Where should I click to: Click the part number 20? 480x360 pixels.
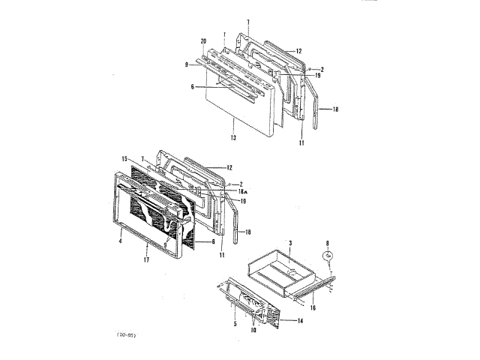point(203,40)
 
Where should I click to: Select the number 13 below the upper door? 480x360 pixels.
point(234,139)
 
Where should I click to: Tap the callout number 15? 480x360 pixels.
point(124,158)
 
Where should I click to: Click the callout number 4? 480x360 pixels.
point(118,241)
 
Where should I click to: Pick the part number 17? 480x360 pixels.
point(146,259)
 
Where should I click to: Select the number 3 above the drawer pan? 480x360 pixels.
point(291,244)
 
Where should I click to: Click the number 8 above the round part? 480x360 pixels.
point(328,241)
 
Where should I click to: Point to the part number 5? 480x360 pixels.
point(235,323)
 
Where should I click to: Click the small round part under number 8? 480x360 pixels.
point(328,255)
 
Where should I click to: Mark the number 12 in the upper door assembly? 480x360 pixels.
point(298,51)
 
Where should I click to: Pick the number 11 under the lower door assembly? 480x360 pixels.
point(222,256)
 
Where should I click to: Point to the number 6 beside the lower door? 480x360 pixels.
point(213,242)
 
